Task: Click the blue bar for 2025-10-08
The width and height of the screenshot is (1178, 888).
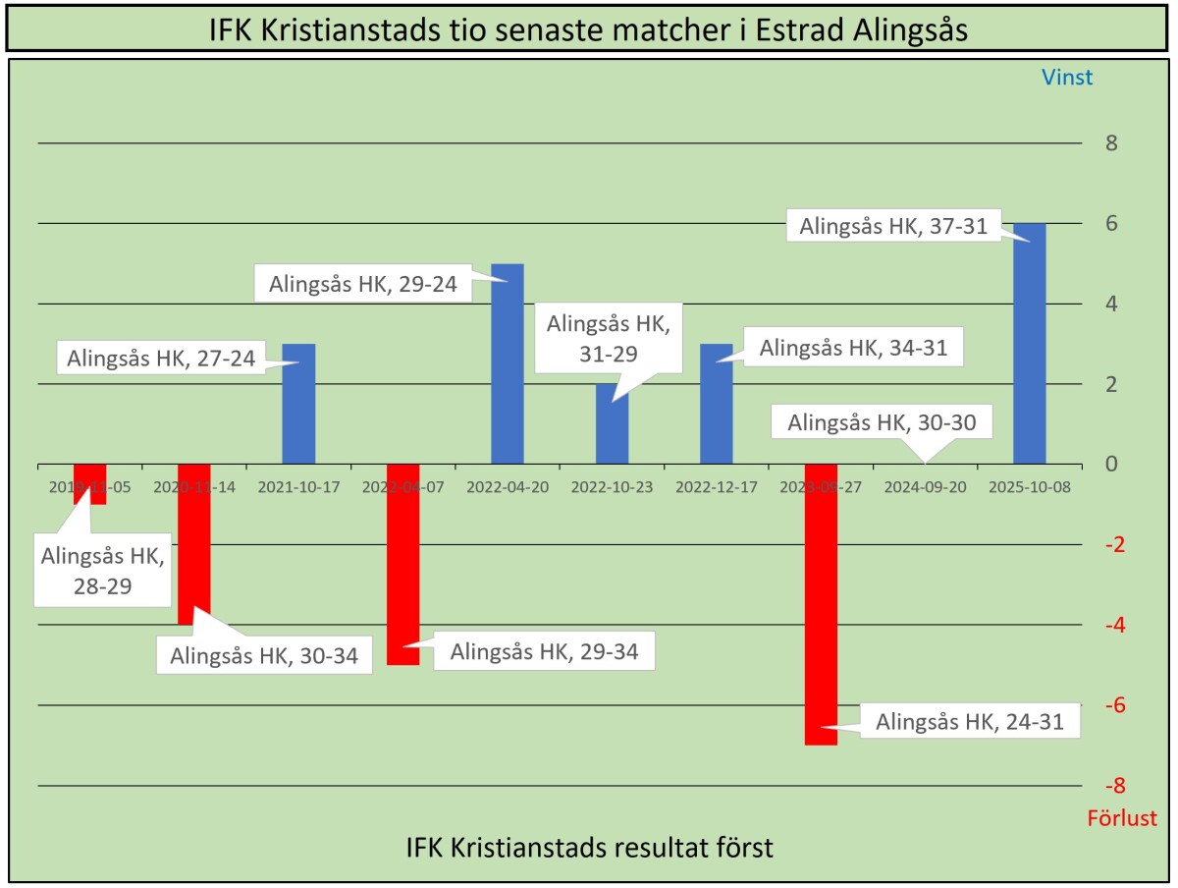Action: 1030,343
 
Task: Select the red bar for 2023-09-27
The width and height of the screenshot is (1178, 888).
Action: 821,604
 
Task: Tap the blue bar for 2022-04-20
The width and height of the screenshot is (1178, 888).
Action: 508,363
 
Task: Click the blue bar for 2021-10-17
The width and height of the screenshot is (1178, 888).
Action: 298,403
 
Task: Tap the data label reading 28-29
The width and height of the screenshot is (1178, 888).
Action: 103,569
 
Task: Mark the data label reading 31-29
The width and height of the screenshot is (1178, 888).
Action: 608,339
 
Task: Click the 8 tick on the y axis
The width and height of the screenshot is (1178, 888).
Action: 1112,143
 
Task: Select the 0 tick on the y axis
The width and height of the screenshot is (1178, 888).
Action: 1112,464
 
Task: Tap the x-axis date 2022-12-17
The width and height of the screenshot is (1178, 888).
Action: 716,486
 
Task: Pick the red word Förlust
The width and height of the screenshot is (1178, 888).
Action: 1122,818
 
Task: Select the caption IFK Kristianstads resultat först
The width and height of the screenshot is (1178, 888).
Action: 589,848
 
